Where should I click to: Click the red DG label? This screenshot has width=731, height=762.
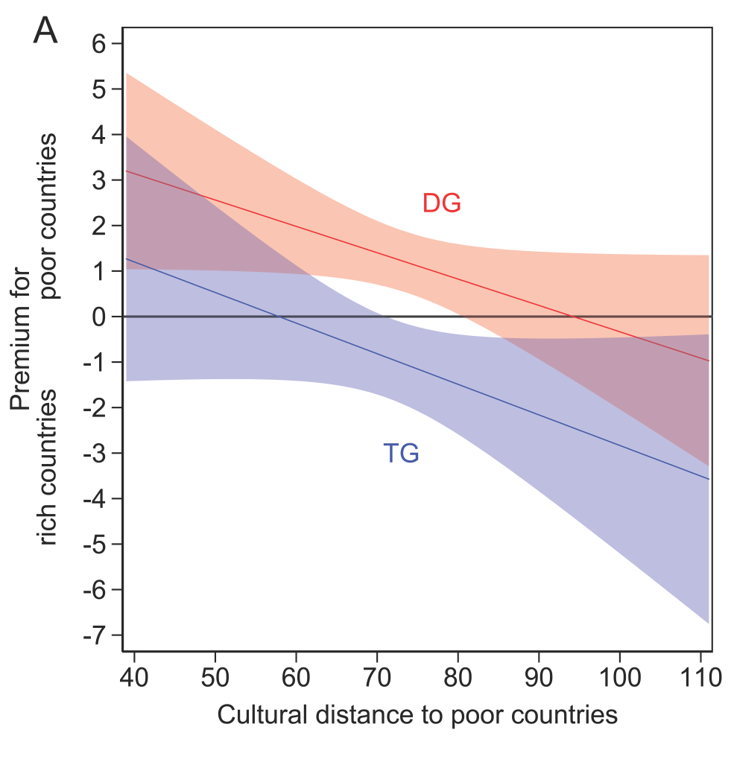click(x=442, y=203)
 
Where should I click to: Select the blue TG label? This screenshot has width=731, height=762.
click(x=401, y=453)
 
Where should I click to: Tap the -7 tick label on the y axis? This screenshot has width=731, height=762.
click(x=95, y=635)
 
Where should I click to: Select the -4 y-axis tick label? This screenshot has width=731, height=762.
click(x=95, y=499)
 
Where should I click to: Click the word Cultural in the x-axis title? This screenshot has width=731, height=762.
click(x=261, y=715)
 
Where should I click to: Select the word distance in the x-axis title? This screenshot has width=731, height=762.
click(x=357, y=715)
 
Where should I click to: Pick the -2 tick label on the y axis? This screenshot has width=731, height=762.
click(x=95, y=407)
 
